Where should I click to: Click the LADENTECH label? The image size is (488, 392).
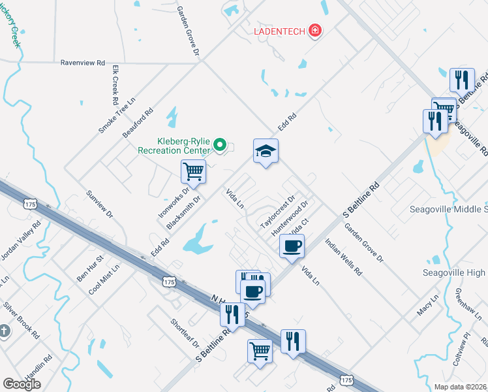pyautogui.click(x=281, y=31)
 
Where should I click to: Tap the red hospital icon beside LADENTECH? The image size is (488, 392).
pyautogui.click(x=315, y=31)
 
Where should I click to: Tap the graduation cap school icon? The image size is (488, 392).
pyautogui.click(x=266, y=152)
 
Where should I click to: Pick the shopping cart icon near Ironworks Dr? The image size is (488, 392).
pyautogui.click(x=193, y=172)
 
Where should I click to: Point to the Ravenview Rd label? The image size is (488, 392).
pyautogui.click(x=82, y=63)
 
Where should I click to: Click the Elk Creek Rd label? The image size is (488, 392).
pyautogui.click(x=115, y=85)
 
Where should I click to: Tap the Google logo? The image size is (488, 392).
pyautogui.click(x=22, y=384)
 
